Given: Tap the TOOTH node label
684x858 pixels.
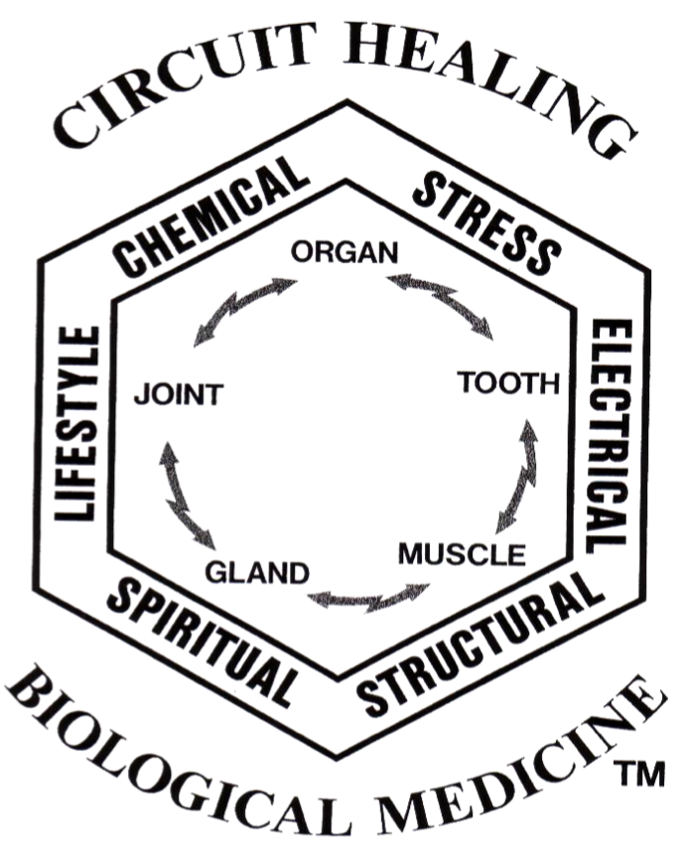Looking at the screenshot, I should point(507,383).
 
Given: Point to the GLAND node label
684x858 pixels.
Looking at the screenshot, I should point(257,571).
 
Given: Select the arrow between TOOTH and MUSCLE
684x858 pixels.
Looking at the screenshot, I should point(518,476).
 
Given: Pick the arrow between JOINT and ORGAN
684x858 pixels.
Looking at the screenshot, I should point(243,312).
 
